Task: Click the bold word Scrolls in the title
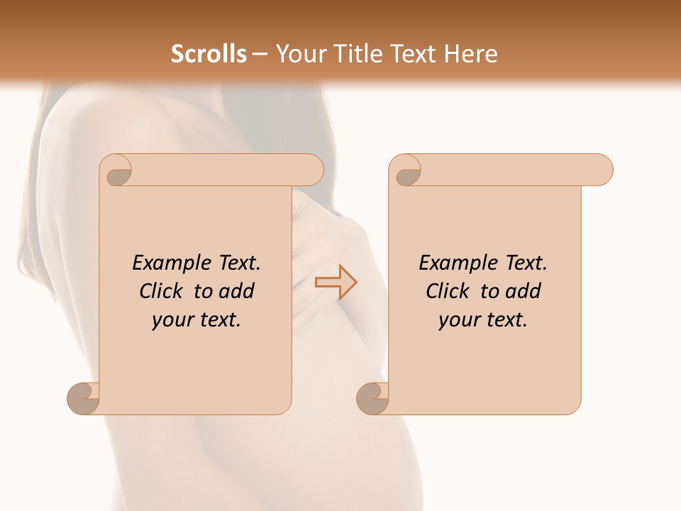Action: click(209, 54)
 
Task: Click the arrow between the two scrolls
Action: click(336, 282)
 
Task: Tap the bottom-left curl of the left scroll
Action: click(85, 398)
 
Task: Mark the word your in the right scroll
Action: click(457, 321)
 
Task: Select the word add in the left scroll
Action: click(237, 292)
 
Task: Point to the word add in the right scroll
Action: click(524, 292)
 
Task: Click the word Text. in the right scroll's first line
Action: click(526, 263)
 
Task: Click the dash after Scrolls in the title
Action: click(260, 55)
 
